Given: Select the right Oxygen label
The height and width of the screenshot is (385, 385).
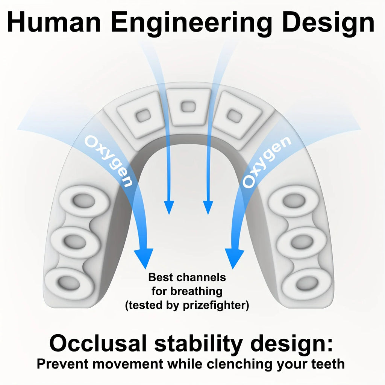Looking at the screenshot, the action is tap(267, 162).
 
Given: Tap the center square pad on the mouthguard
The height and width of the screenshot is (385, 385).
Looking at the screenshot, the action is tap(189, 106).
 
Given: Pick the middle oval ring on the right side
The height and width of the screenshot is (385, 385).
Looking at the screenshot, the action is tap(302, 242).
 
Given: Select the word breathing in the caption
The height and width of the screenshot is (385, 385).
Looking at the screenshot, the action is tap(196, 292).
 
